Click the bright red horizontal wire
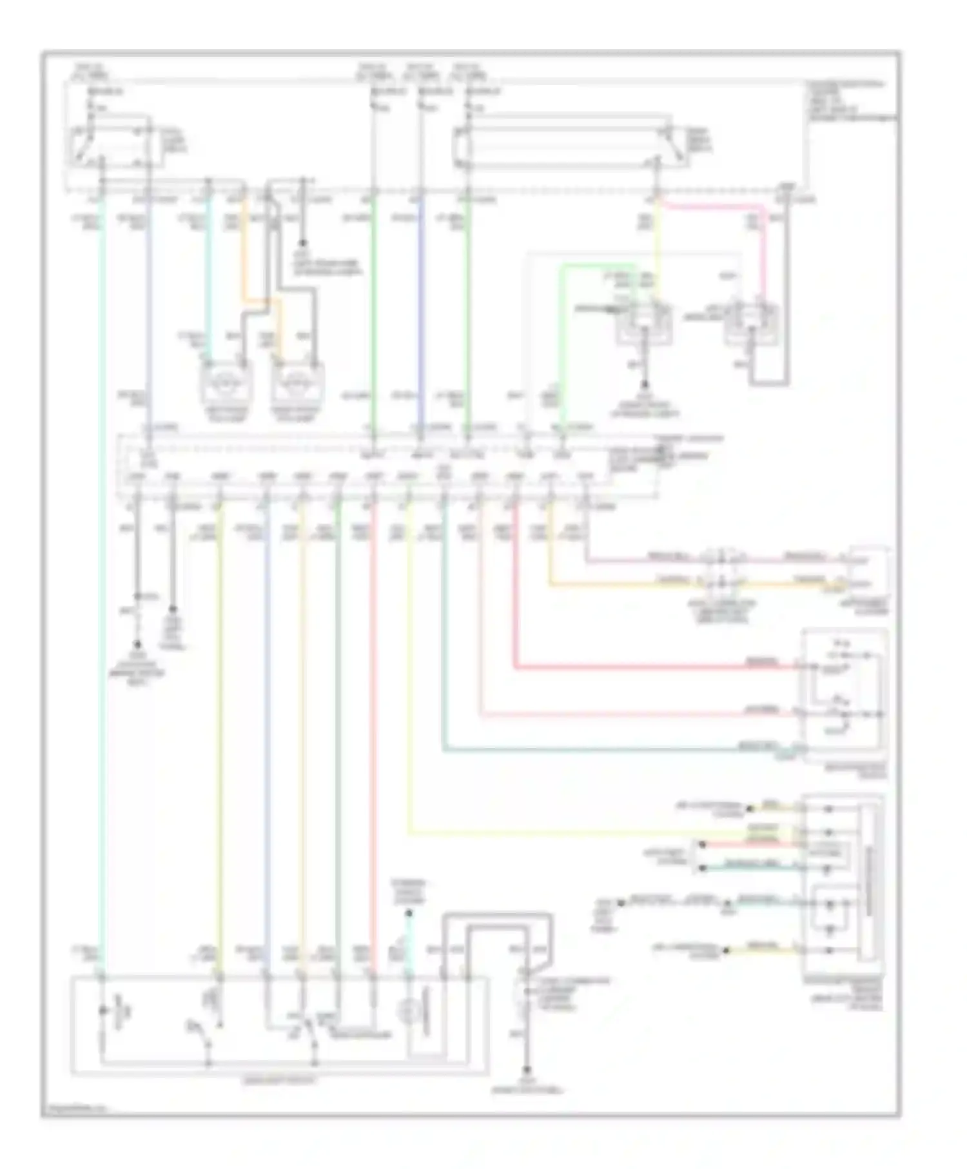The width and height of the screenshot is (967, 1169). click(645, 667)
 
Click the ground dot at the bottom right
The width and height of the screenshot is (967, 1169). click(527, 1070)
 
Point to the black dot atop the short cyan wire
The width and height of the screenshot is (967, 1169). click(409, 913)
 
